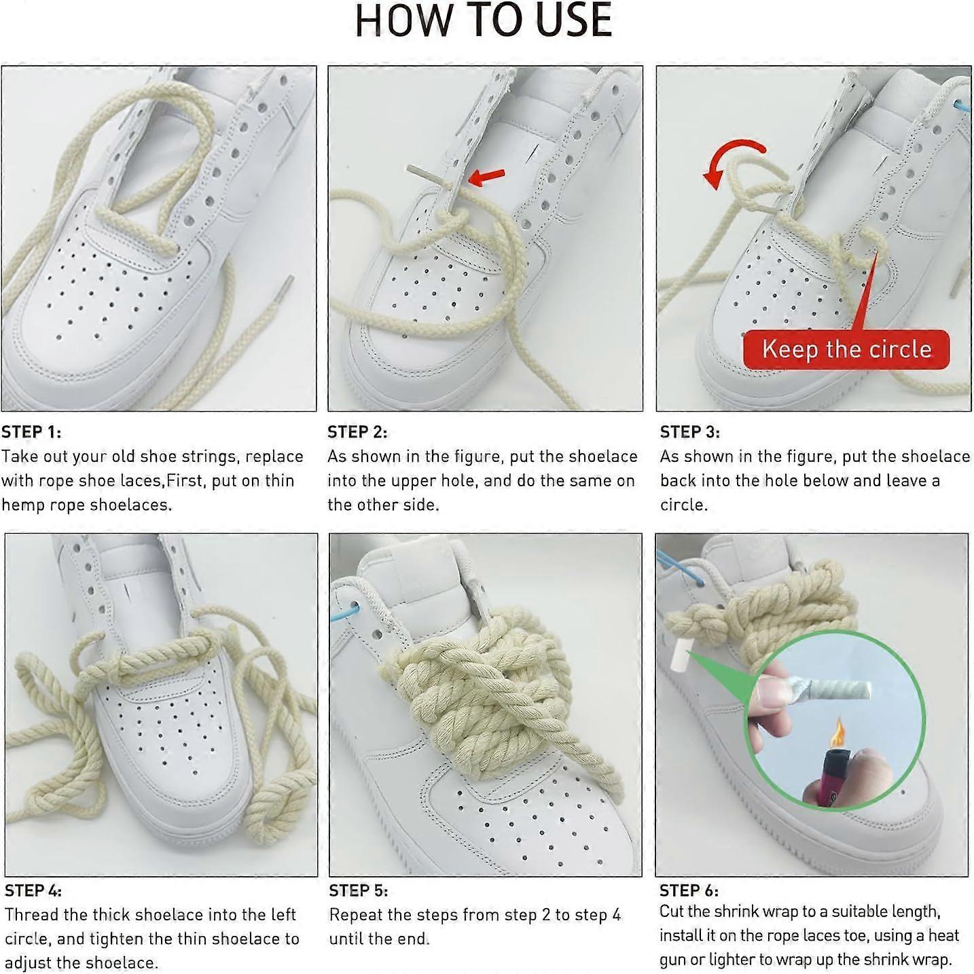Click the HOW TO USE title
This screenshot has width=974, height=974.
point(484,20)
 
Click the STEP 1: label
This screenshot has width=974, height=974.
point(31,432)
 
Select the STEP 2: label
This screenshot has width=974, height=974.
point(357,432)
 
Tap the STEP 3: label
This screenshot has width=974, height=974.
point(690,432)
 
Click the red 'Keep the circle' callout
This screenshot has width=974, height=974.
point(846,349)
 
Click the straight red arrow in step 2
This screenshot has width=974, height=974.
point(486,177)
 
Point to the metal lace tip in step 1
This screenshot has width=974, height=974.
point(285,293)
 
